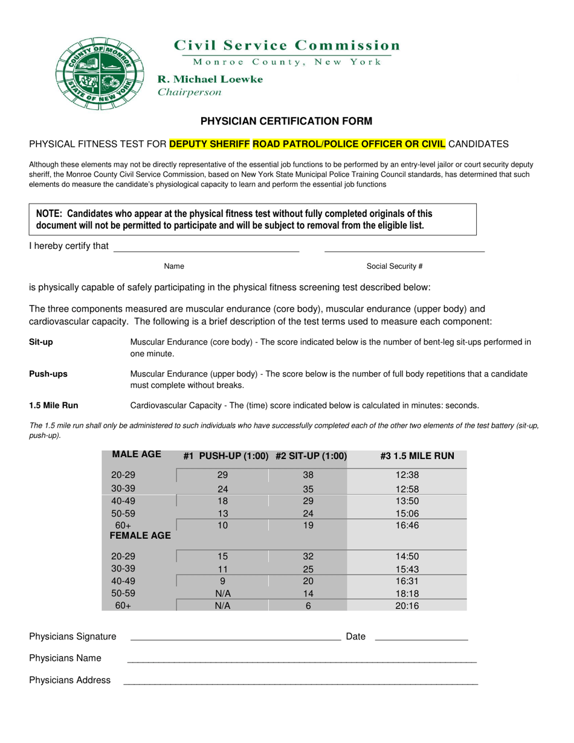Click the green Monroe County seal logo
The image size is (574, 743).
tap(99, 73)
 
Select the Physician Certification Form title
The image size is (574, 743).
tap(286, 121)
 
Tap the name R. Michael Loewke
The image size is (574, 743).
tap(210, 79)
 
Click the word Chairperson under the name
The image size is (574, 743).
tap(189, 92)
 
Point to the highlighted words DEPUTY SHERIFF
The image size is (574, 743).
tap(210, 144)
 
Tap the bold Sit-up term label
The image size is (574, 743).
tap(41, 342)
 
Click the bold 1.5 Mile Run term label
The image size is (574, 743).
tap(54, 405)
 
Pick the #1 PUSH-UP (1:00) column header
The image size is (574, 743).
tap(225, 456)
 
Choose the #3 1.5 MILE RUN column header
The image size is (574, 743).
tap(417, 456)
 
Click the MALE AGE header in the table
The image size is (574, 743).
tap(137, 455)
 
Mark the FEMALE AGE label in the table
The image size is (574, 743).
tap(140, 536)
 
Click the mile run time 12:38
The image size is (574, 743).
tap(407, 475)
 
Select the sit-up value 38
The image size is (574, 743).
tap(308, 475)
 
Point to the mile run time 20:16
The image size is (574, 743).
tap(407, 606)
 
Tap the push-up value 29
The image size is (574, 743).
tap(222, 475)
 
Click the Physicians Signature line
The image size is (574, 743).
tap(235, 637)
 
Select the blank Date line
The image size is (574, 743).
tap(421, 637)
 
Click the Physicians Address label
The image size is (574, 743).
tap(70, 680)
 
